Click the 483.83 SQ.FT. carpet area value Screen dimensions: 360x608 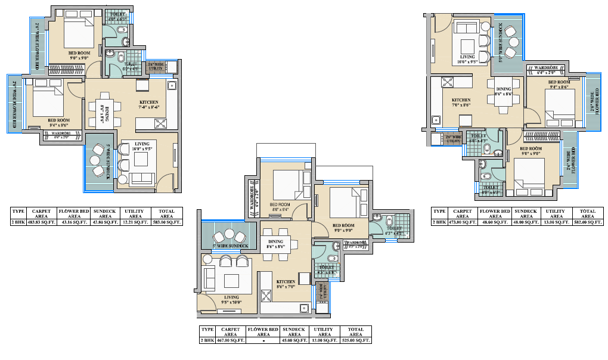pyautogui.click(x=41, y=222)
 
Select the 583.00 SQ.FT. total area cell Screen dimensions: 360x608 pyautogui.click(x=166, y=222)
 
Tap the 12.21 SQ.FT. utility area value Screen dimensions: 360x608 pyautogui.click(x=135, y=222)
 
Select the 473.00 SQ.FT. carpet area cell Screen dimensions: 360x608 pyautogui.click(x=463, y=222)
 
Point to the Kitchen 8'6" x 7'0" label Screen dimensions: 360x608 pyautogui.click(x=285, y=284)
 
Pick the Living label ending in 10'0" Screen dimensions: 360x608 pyautogui.click(x=231, y=300)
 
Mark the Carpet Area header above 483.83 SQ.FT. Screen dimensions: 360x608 pyautogui.click(x=41, y=213)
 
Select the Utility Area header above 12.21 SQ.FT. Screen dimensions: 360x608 pyautogui.click(x=135, y=213)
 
